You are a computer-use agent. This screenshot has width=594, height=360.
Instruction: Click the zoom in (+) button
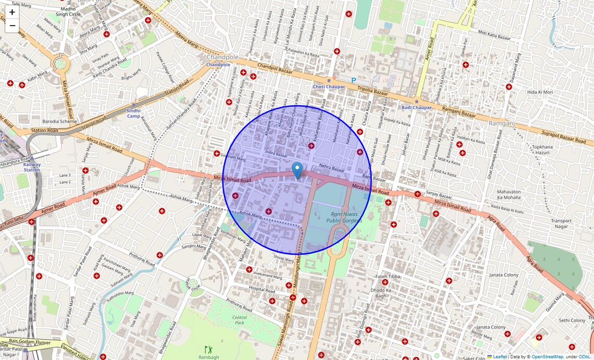(x=12, y=12)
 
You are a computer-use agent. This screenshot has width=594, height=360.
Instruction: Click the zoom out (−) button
(x=12, y=26)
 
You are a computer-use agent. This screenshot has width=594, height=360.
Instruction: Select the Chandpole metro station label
(x=218, y=65)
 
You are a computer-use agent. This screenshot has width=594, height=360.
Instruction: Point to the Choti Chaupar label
(x=329, y=86)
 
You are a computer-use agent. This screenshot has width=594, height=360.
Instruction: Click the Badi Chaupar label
(x=416, y=107)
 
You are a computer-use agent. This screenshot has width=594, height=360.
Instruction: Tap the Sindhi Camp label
(x=134, y=113)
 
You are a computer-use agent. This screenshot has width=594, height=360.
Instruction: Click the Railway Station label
(x=32, y=167)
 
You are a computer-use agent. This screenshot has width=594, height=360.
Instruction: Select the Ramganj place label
(x=501, y=123)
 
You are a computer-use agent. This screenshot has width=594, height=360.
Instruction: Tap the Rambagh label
(x=208, y=357)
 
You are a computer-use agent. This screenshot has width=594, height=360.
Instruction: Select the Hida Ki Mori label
(x=540, y=92)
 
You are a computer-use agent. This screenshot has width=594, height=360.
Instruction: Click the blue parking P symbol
(x=354, y=81)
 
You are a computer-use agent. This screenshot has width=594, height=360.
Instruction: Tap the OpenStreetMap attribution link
(x=547, y=357)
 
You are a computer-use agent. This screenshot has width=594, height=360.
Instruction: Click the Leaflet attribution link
(x=500, y=357)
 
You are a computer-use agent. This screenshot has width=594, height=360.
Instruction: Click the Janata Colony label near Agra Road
(x=504, y=275)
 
